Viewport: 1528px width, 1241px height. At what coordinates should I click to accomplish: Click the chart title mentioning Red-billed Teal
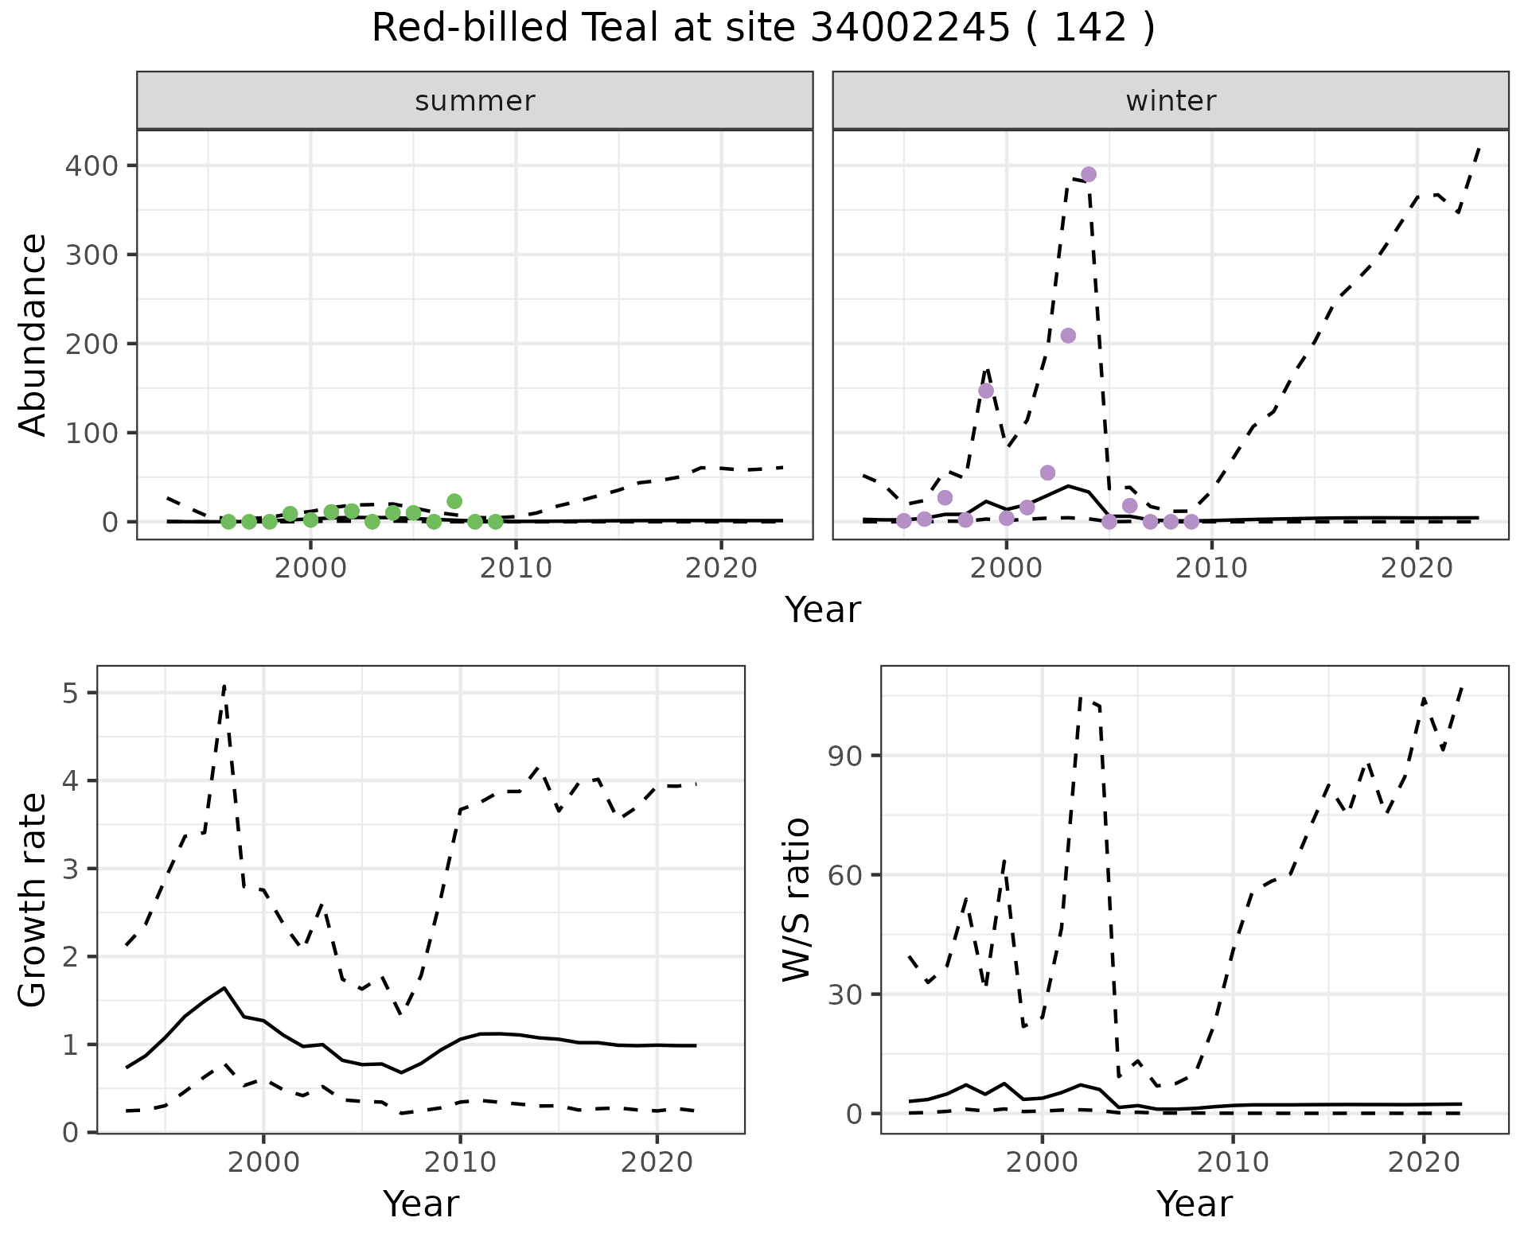(x=763, y=29)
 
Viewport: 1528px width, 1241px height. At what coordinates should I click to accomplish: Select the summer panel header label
(x=475, y=101)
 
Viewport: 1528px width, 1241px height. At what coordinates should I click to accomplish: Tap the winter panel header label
(x=1171, y=101)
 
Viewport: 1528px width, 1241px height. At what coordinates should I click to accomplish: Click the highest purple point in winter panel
(x=1089, y=174)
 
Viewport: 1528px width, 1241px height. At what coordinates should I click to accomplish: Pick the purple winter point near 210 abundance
(x=1068, y=336)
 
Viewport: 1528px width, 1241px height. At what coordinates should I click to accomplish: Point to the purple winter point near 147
(x=986, y=391)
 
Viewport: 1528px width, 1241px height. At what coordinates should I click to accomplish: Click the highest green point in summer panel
(x=454, y=501)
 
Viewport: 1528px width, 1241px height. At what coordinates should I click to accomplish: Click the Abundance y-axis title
(x=33, y=335)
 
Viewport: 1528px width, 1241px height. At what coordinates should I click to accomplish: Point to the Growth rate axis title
(x=33, y=900)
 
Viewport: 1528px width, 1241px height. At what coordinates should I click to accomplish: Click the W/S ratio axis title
(x=797, y=900)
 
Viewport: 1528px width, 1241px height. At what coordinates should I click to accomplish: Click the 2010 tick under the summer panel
(x=516, y=569)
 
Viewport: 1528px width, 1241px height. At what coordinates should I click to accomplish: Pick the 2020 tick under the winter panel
(x=1417, y=569)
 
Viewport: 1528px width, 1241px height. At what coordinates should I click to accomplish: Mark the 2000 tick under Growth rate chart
(x=263, y=1162)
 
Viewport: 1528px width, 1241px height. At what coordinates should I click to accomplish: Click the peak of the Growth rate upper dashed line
(x=224, y=686)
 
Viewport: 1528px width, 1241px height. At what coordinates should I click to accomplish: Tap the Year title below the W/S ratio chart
(x=1194, y=1204)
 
